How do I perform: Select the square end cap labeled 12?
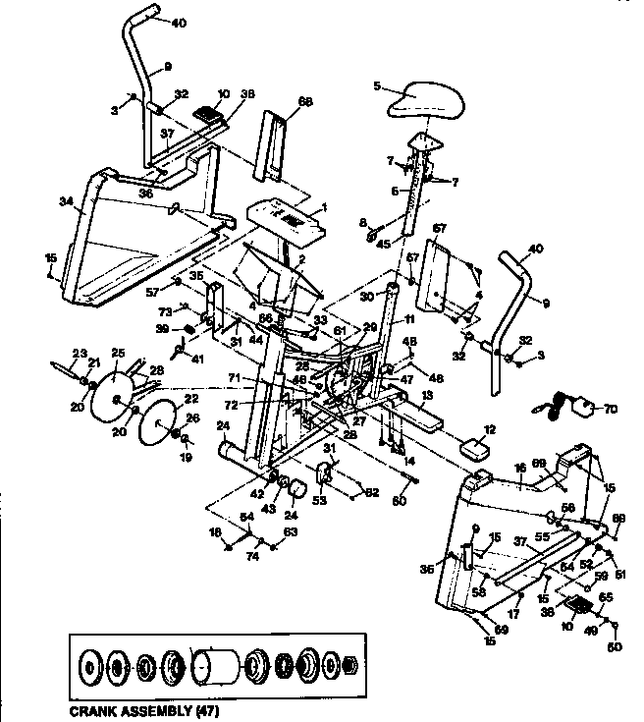pos(475,448)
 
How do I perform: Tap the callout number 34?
pos(65,203)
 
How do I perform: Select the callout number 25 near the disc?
pos(119,351)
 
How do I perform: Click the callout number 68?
pos(278,101)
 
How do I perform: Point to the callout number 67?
pos(439,229)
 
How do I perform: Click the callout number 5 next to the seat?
pos(377,86)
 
